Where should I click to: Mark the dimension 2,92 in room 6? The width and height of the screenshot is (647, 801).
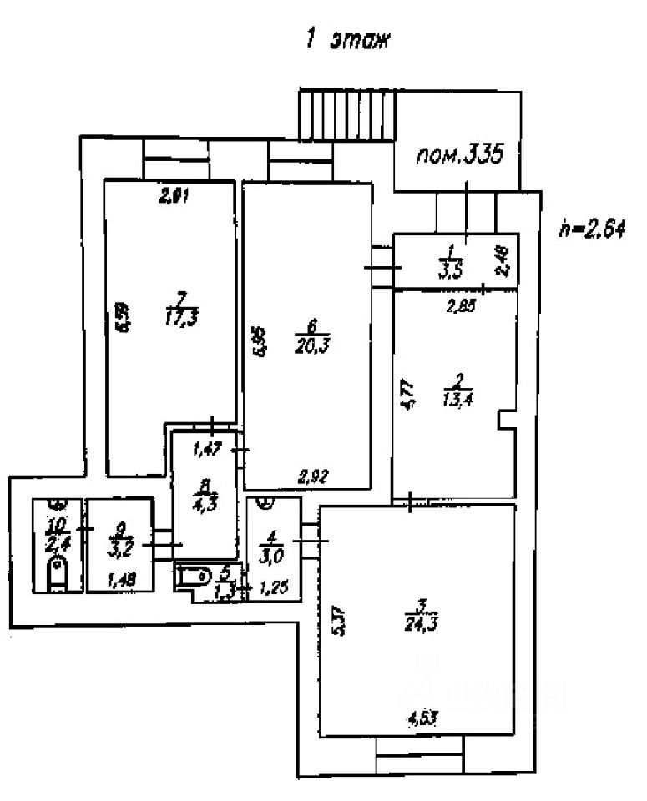pyautogui.click(x=312, y=478)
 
